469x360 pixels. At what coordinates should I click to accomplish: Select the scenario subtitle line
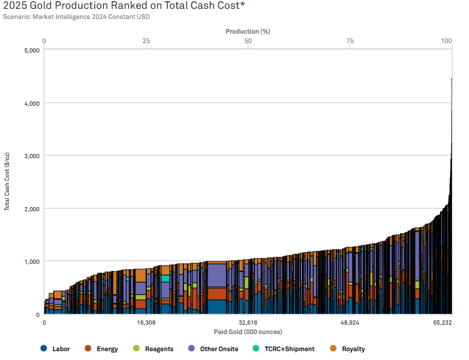77,17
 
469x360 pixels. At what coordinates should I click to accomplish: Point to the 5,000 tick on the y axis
31,50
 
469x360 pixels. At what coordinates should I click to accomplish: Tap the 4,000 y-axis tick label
31,103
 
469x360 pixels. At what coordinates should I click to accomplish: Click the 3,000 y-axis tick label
31,156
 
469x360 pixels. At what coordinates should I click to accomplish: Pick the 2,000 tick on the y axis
31,209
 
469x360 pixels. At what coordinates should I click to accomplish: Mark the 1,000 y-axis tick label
31,261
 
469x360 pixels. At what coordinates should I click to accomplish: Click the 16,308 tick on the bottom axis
146,323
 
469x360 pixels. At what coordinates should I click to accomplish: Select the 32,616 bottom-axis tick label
248,323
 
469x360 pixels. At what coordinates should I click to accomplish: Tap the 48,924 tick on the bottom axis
350,323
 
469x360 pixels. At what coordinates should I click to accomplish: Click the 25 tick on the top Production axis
146,41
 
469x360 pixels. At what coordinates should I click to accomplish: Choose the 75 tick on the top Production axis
350,41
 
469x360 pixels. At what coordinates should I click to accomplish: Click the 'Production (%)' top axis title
248,31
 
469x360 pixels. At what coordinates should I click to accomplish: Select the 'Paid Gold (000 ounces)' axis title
248,332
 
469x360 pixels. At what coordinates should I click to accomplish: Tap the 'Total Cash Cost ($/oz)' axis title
8,182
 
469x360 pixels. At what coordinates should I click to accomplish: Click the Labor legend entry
56,349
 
